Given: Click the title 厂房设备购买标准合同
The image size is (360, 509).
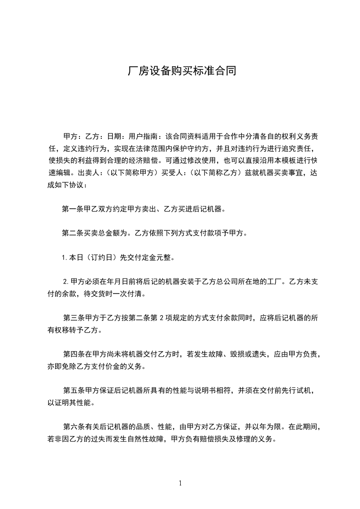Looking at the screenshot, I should (x=180, y=71).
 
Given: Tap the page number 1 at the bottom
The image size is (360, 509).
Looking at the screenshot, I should (x=180, y=483).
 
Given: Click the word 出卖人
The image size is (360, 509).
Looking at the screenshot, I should (x=89, y=173).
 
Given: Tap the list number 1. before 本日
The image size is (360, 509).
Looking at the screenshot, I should (x=65, y=258).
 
